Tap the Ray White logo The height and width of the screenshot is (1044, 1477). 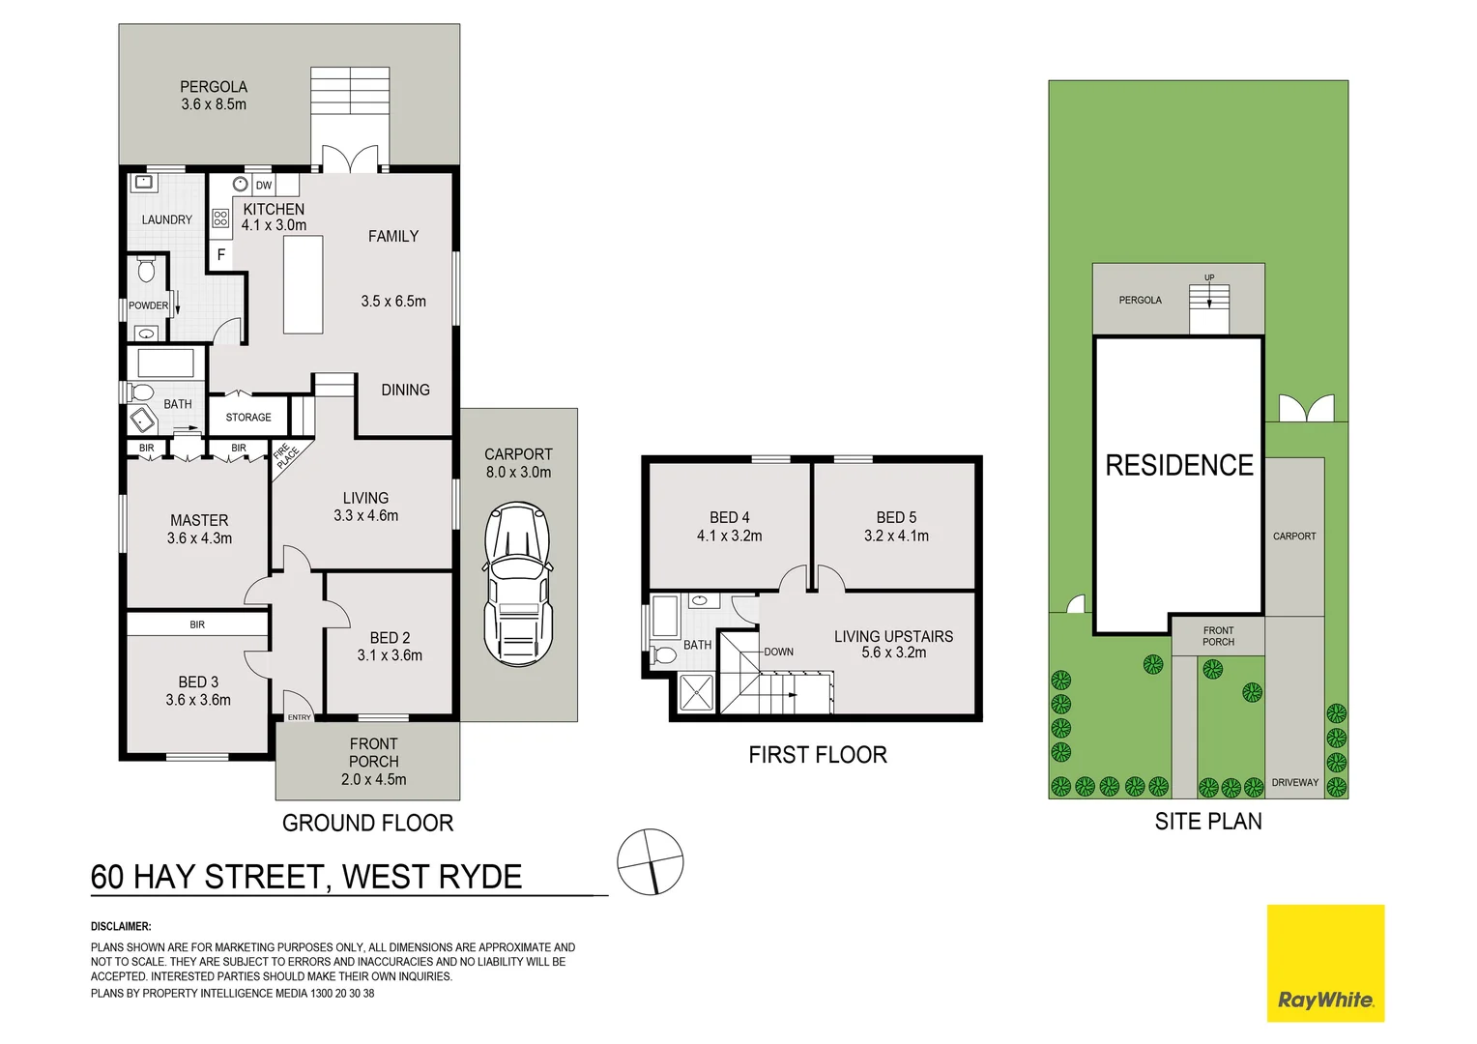pyautogui.click(x=1325, y=963)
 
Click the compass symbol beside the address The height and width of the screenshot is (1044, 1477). pyautogui.click(x=650, y=861)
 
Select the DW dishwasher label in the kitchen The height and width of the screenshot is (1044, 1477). pyautogui.click(x=264, y=185)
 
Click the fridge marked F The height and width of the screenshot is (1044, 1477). pyautogui.click(x=221, y=255)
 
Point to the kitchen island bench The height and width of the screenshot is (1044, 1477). pyautogui.click(x=303, y=285)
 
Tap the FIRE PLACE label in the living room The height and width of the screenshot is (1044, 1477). pyautogui.click(x=286, y=455)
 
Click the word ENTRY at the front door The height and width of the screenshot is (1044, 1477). pyautogui.click(x=300, y=717)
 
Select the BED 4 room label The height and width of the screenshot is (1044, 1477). pyautogui.click(x=730, y=518)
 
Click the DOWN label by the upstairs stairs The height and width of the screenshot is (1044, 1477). pyautogui.click(x=778, y=652)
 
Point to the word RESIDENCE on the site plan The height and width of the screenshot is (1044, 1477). pyautogui.click(x=1179, y=466)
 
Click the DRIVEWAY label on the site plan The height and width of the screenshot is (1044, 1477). pyautogui.click(x=1295, y=782)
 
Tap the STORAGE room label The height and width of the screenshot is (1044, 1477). pyautogui.click(x=248, y=418)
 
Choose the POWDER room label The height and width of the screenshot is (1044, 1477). pyautogui.click(x=148, y=305)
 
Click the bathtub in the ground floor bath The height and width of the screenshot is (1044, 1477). pyautogui.click(x=166, y=363)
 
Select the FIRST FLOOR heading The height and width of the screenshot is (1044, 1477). pyautogui.click(x=818, y=755)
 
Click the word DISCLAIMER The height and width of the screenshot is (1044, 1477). pyautogui.click(x=121, y=926)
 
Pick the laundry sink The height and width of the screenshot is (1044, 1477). pyautogui.click(x=143, y=183)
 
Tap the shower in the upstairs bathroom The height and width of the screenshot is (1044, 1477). pyautogui.click(x=696, y=692)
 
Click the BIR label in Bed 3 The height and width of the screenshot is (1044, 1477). pyautogui.click(x=197, y=624)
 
